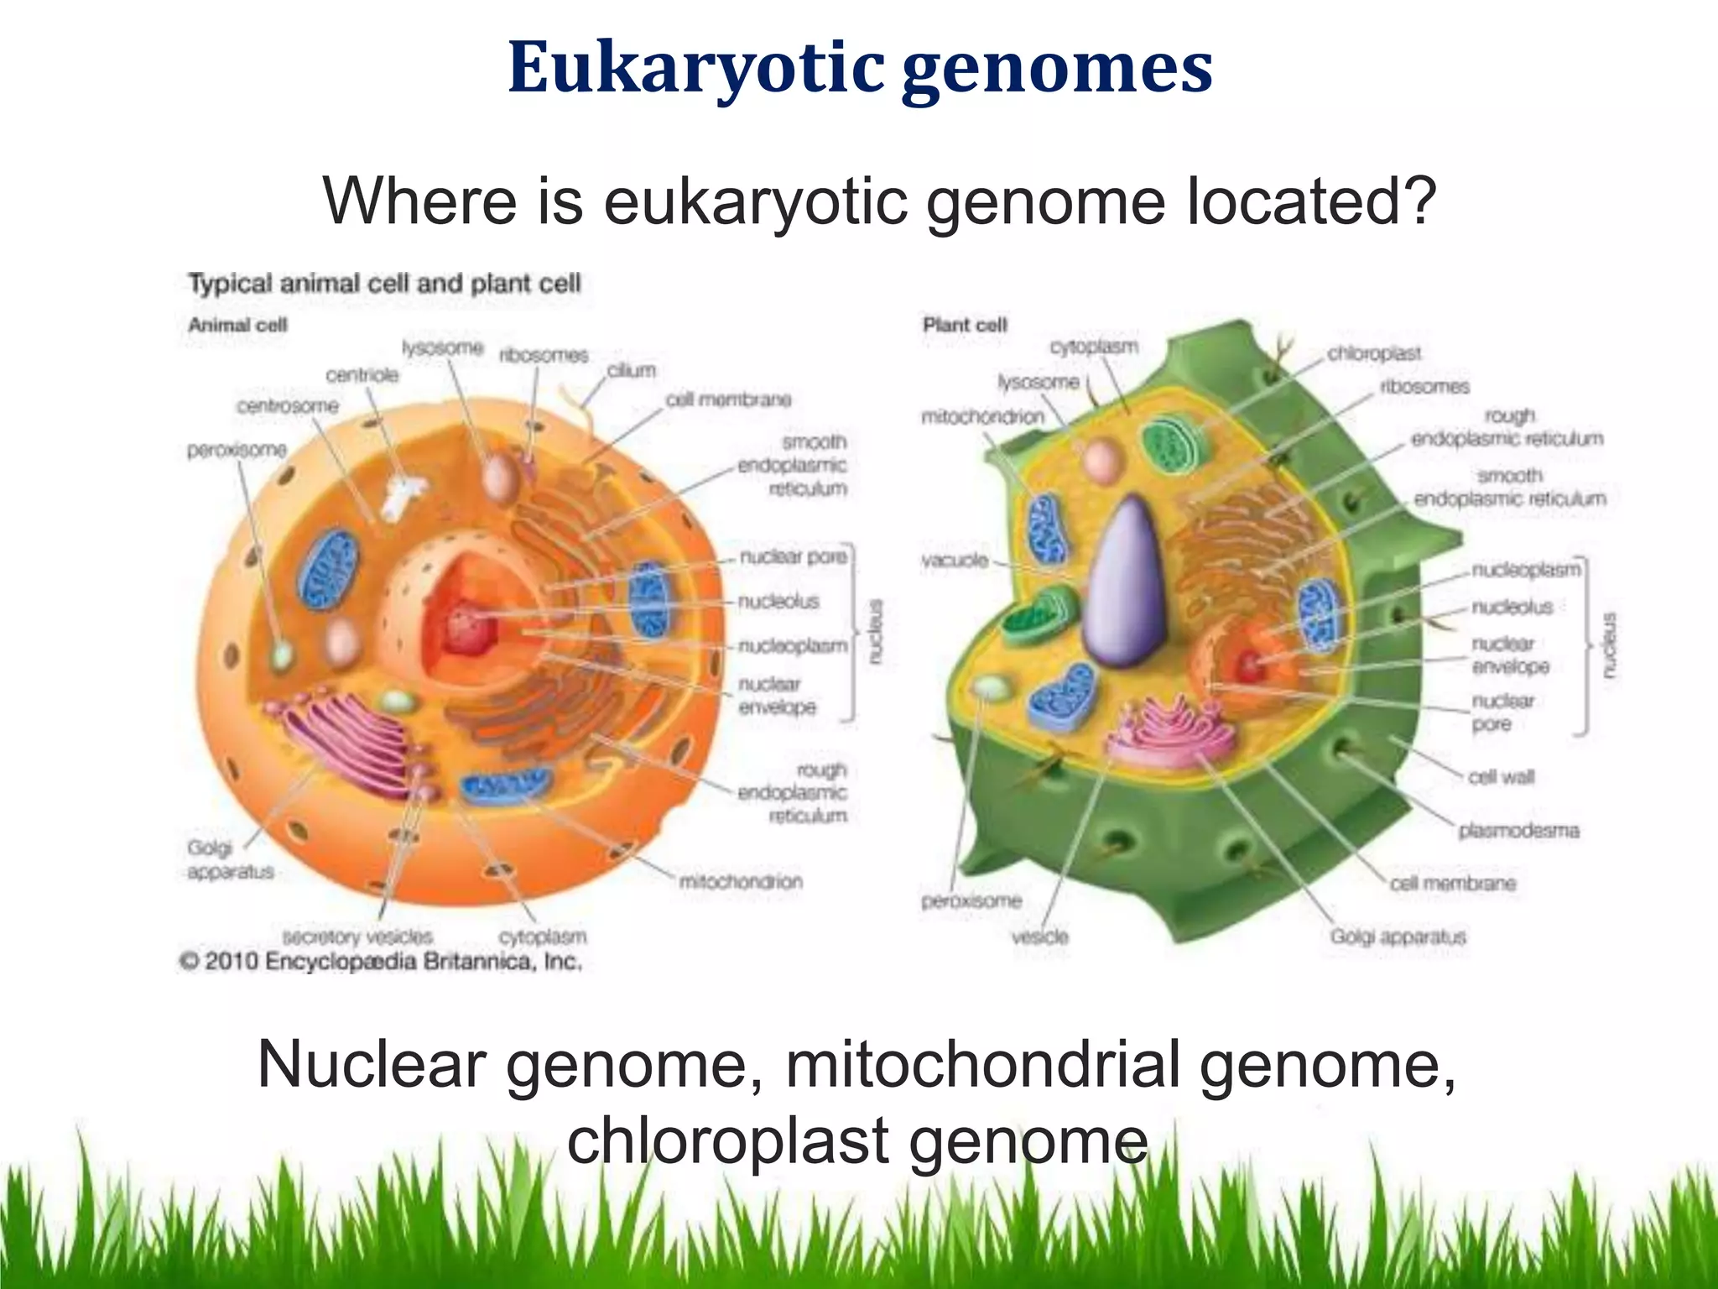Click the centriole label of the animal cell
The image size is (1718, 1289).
[362, 374]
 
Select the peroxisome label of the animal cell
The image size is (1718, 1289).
[237, 450]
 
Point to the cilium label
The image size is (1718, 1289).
[631, 370]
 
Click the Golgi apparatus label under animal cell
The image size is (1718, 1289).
[229, 859]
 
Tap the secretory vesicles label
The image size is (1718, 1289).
[358, 936]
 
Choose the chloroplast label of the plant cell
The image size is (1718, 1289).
[1373, 353]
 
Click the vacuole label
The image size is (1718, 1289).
[955, 560]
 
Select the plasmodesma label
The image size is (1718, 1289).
[1518, 830]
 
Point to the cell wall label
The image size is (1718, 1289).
[1501, 776]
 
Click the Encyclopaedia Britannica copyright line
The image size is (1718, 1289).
[382, 961]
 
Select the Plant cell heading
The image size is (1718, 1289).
[965, 325]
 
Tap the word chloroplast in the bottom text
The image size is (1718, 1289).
[728, 1141]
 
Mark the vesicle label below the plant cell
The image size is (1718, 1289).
[1040, 936]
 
